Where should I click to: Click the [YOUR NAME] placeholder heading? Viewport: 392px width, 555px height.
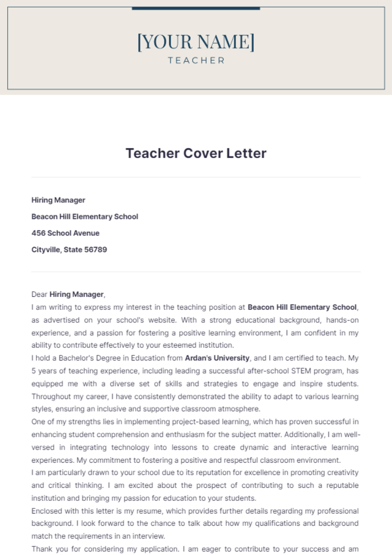tap(196, 42)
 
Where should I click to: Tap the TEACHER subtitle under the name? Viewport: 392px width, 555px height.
tap(196, 61)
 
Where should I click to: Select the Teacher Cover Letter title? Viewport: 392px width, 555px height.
tap(196, 153)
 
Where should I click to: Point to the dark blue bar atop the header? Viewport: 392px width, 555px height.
tap(196, 8)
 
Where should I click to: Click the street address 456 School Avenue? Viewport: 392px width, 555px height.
tap(65, 233)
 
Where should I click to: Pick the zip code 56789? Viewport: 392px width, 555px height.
tap(96, 250)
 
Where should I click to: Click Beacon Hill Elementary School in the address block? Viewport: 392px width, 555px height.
tap(85, 217)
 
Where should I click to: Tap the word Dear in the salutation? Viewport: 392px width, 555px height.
tap(39, 294)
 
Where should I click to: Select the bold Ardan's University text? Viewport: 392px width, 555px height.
tap(217, 358)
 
